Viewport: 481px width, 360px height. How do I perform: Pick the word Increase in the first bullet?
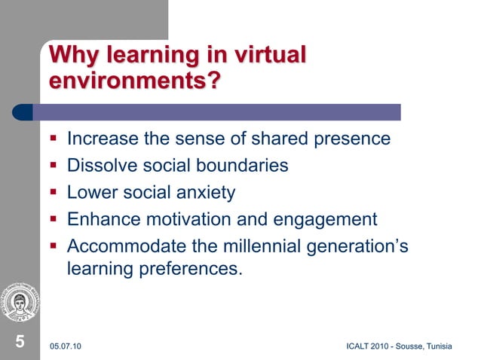[100, 139]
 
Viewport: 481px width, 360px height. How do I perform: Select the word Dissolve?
[99, 166]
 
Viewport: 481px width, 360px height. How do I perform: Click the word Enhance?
[99, 220]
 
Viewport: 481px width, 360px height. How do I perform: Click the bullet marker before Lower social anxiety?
[54, 194]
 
